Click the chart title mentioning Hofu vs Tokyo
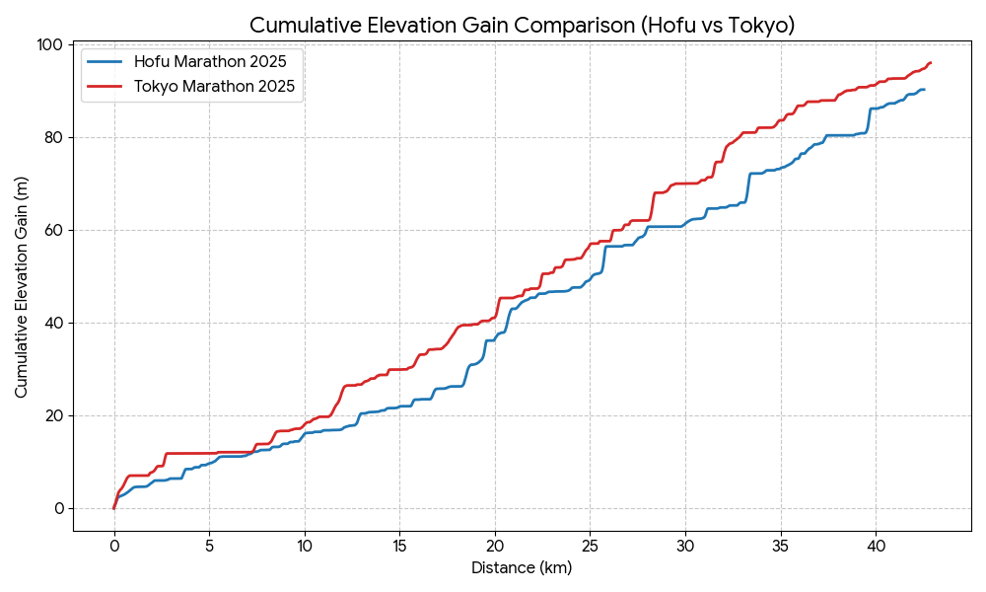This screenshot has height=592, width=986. tap(522, 25)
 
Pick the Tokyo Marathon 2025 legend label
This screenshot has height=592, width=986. tap(215, 87)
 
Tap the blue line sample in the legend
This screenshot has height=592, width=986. tap(106, 61)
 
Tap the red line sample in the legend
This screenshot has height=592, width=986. tap(106, 87)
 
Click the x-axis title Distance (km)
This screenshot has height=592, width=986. tap(522, 568)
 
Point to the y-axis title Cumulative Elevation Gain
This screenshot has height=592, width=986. tap(22, 287)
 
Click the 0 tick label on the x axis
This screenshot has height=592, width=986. tap(114, 545)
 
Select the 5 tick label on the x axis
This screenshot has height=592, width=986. tap(209, 545)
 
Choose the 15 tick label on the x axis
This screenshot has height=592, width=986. tap(399, 545)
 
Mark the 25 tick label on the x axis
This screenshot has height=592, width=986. tap(590, 545)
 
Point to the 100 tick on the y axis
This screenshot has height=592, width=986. tap(51, 44)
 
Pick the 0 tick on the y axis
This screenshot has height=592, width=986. tap(59, 508)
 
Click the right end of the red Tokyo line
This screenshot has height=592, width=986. tap(930, 63)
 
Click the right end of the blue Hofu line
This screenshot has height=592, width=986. tap(924, 90)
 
